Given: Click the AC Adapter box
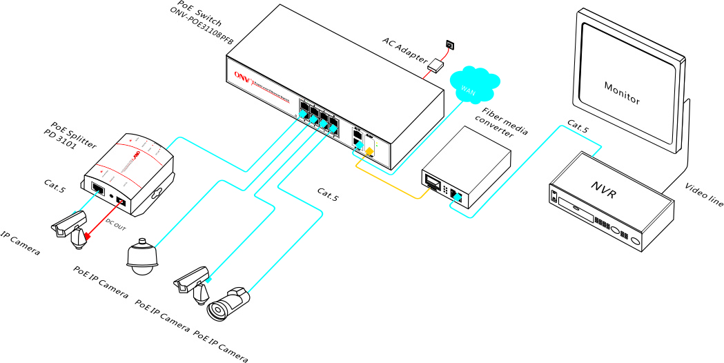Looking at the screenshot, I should [x=436, y=66].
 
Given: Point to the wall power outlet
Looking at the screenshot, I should [x=450, y=45].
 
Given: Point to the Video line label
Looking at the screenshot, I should [x=704, y=195].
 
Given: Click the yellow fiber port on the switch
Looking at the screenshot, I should [x=370, y=151].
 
